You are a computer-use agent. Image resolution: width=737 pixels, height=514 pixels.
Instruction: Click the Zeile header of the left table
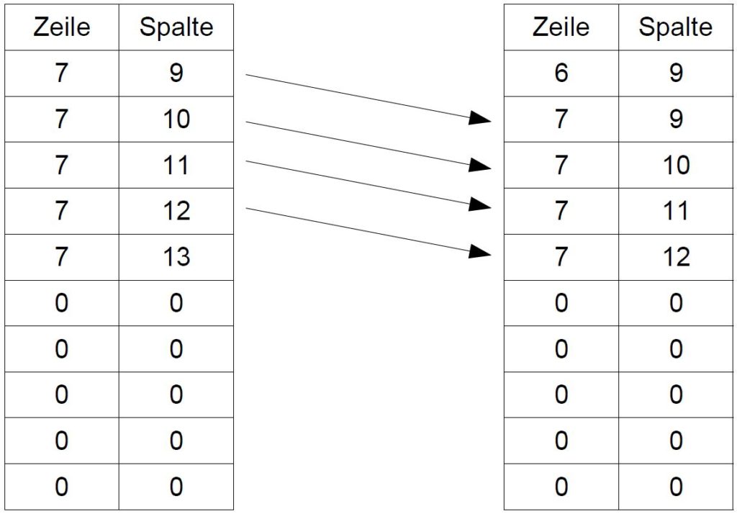click(x=62, y=27)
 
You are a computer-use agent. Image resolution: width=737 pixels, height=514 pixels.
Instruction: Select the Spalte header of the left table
click(x=176, y=27)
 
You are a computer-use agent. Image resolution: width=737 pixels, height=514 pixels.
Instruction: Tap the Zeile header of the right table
click(x=561, y=27)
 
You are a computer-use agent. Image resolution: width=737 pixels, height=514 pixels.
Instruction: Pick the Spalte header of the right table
click(x=675, y=27)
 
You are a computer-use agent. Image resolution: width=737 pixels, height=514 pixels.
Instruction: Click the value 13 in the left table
click(x=176, y=257)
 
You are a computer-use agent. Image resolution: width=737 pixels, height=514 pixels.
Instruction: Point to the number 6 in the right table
click(x=561, y=73)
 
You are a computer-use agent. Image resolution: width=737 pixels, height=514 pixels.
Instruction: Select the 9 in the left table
click(x=176, y=73)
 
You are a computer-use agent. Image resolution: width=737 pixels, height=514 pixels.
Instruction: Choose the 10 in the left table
click(x=176, y=119)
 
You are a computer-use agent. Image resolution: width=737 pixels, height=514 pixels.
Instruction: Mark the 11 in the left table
click(x=176, y=165)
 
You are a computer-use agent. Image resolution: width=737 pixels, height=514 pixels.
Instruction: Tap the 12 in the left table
click(x=176, y=211)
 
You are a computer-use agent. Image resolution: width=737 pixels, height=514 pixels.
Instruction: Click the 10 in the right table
click(x=676, y=165)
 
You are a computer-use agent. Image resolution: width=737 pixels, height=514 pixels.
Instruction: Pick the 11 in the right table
click(x=676, y=211)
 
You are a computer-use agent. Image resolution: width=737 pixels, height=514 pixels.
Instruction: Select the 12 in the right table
click(x=676, y=257)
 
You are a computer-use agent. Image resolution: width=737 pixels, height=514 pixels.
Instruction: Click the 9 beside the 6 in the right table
click(x=676, y=73)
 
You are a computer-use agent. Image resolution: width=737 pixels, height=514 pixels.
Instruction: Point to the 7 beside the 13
click(x=62, y=257)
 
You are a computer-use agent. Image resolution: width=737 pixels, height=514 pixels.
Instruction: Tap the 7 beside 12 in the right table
click(x=561, y=257)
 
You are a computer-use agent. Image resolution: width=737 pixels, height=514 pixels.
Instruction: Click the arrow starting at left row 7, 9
click(x=368, y=97)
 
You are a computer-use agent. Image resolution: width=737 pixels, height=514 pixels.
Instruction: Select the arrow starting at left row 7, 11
click(x=368, y=184)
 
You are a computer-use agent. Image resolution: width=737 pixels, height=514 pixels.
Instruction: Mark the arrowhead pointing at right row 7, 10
click(x=479, y=166)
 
